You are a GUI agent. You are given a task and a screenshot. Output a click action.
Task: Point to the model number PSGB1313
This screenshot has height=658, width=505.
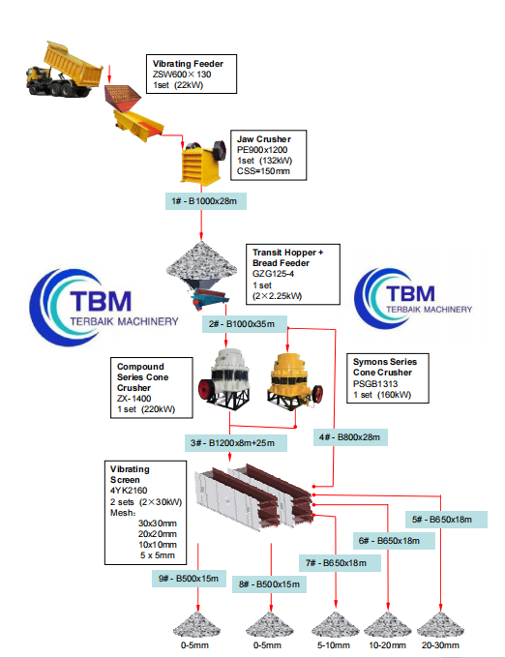click(x=373, y=383)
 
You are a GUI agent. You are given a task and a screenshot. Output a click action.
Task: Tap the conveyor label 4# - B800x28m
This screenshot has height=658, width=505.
click(x=351, y=437)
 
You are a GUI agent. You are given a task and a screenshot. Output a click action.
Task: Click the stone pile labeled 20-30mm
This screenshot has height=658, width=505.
click(x=441, y=625)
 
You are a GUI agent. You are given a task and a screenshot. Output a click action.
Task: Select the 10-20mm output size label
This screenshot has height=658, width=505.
click(x=388, y=645)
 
